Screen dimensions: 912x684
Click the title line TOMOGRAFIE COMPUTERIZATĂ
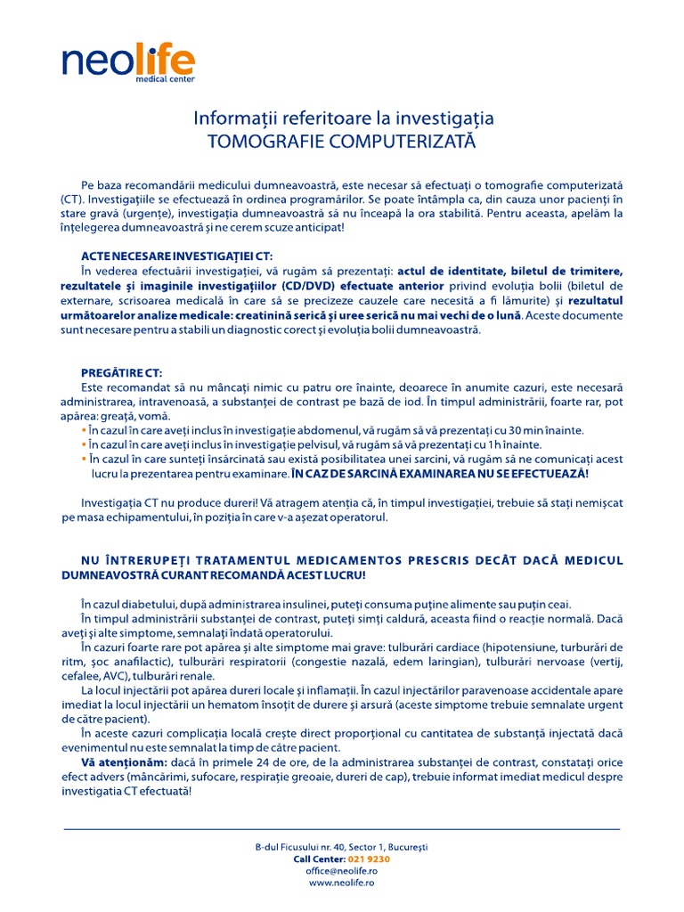click(x=343, y=142)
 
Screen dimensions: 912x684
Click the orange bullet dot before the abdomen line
click(x=84, y=430)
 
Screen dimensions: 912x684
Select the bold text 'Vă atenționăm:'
click(x=117, y=762)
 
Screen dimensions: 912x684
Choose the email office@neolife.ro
click(x=342, y=871)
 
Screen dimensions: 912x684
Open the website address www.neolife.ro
click(x=342, y=883)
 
